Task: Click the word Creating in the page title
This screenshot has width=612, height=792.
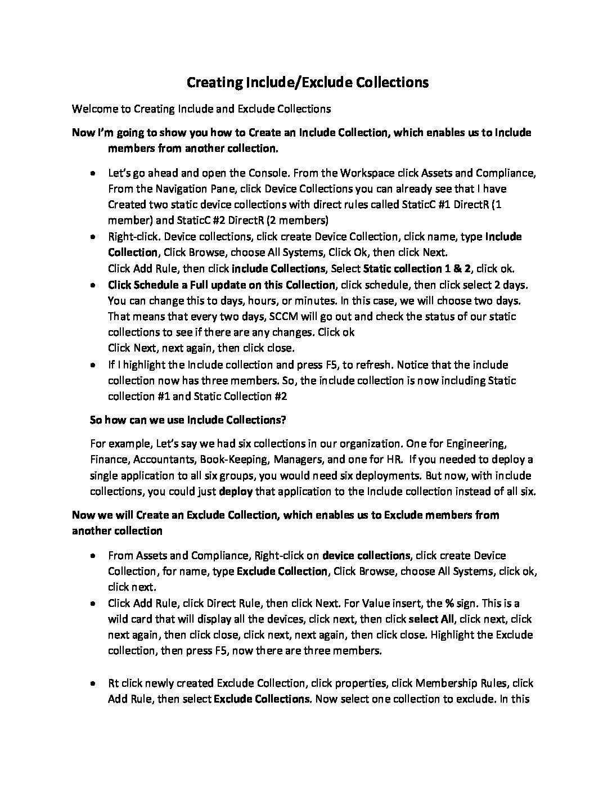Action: pos(215,83)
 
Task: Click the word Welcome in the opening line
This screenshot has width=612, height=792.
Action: pos(93,108)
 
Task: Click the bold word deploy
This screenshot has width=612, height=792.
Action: pos(236,491)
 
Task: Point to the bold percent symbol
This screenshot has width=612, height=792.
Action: pos(449,603)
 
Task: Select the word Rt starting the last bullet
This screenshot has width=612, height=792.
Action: pos(114,683)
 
